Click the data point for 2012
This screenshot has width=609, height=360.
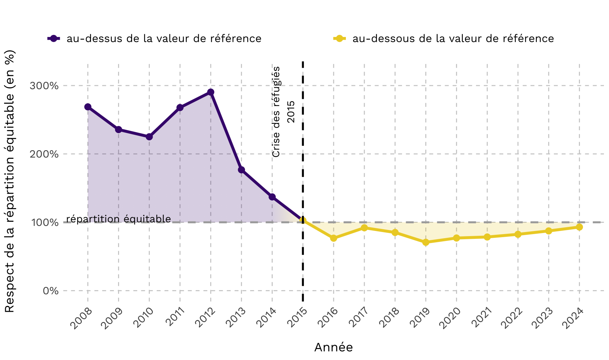click(211, 92)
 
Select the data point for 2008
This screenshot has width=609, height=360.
click(88, 107)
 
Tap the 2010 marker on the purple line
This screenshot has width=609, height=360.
click(149, 137)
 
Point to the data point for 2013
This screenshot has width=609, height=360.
click(242, 170)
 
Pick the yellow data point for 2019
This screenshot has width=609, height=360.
click(426, 242)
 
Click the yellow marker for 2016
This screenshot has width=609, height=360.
click(334, 238)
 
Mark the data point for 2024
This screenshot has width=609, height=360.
click(579, 227)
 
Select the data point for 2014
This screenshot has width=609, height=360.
click(272, 197)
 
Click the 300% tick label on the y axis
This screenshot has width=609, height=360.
click(44, 86)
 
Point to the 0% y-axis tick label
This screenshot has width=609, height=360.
click(51, 291)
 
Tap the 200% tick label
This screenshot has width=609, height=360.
click(44, 154)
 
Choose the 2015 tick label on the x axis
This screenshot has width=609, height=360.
click(297, 318)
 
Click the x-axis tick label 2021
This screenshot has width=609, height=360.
click(481, 318)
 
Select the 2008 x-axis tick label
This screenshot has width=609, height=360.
click(81, 318)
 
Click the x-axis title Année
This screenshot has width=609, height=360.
click(334, 347)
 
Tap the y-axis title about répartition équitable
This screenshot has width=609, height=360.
click(10, 181)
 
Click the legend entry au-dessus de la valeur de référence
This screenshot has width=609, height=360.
click(154, 38)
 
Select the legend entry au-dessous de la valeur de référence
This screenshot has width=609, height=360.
click(444, 38)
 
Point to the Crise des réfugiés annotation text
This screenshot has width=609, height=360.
click(276, 112)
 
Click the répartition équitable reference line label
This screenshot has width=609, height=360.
click(118, 219)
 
